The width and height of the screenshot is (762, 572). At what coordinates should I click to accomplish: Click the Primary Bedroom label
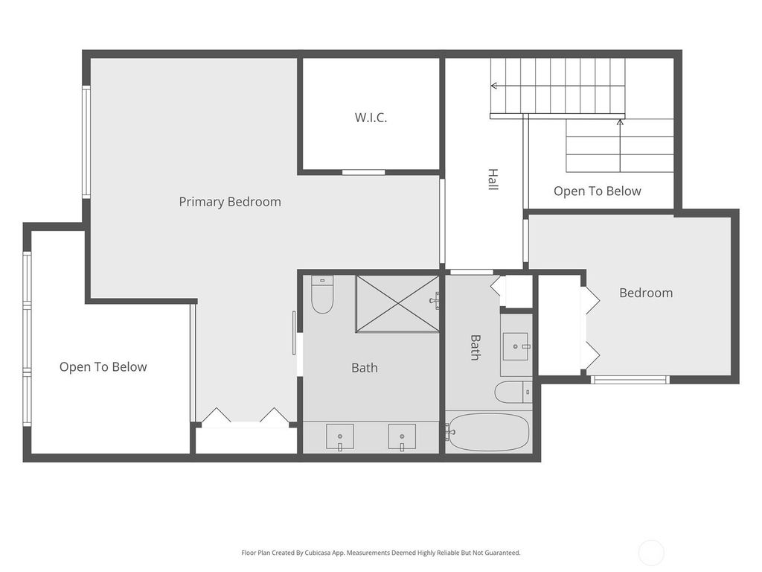click(230, 202)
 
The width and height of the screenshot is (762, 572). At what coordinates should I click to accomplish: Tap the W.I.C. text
click(371, 118)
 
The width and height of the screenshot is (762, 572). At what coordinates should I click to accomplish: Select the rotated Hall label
click(493, 179)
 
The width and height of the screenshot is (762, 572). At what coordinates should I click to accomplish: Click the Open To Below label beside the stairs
click(598, 191)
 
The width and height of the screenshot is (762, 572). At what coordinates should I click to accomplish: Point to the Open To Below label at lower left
click(103, 366)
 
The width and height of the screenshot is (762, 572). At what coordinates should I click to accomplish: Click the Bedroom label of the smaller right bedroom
click(646, 293)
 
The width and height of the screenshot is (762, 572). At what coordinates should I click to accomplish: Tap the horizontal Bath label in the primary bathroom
click(365, 368)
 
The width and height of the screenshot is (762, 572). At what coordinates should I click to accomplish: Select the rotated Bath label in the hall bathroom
click(476, 347)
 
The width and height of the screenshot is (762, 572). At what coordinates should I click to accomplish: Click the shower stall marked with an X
click(397, 304)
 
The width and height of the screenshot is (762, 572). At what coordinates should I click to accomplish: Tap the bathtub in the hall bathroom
click(488, 432)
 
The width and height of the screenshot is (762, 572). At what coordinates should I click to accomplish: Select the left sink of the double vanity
click(339, 436)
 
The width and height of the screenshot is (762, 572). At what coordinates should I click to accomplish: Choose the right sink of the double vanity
click(402, 436)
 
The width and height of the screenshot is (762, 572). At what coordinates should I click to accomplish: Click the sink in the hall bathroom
click(516, 346)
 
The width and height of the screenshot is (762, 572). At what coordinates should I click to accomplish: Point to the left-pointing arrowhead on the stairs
click(494, 86)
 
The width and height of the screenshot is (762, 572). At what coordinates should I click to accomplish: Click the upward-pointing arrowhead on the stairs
click(620, 122)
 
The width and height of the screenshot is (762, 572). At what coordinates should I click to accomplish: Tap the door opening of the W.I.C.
click(363, 172)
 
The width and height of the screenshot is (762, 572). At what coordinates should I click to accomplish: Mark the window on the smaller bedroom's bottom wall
click(630, 379)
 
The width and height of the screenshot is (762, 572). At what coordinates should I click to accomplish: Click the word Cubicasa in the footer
click(318, 553)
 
